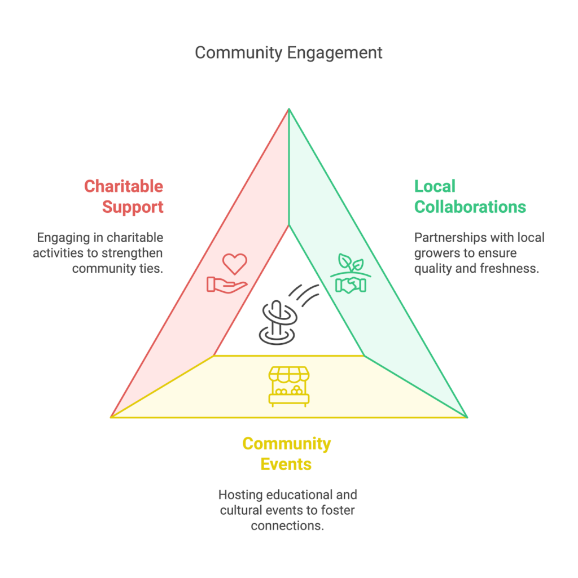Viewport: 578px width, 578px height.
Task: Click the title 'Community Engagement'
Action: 288,52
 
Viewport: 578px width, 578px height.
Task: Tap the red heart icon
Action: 234,264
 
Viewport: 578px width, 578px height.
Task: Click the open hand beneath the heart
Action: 226,284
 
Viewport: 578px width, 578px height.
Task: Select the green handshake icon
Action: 351,284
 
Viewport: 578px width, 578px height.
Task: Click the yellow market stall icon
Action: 289,386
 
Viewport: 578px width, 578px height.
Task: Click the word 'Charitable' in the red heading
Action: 124,186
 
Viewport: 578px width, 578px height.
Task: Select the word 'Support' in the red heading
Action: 133,207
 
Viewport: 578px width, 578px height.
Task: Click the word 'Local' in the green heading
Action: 435,186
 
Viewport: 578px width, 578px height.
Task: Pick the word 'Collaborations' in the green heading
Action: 470,207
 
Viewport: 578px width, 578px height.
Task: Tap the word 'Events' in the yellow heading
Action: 286,464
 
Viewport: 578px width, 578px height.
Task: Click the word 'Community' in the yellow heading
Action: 287,444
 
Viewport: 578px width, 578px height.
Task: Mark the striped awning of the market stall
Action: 289,374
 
